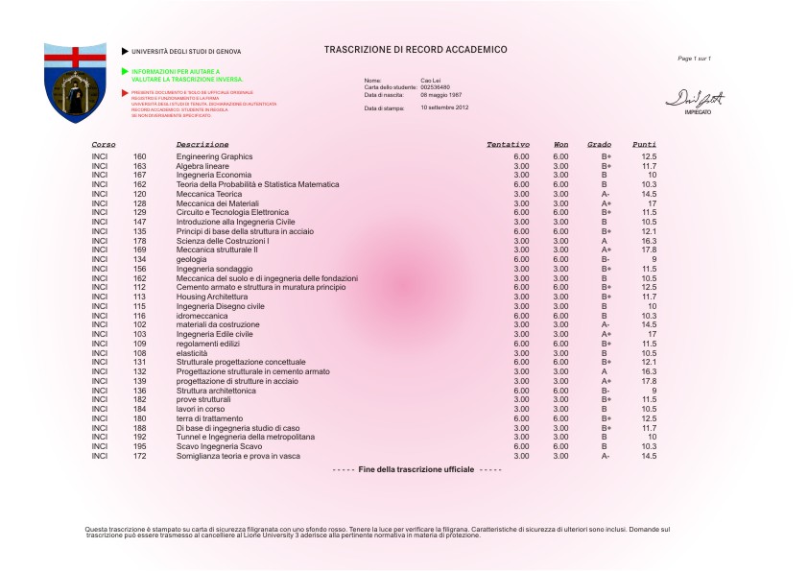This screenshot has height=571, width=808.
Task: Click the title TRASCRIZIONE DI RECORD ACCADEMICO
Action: click(x=416, y=49)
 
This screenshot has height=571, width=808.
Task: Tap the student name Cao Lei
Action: click(x=431, y=80)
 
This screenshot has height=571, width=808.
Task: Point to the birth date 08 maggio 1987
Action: click(x=441, y=95)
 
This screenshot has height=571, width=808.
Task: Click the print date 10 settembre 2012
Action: click(x=444, y=107)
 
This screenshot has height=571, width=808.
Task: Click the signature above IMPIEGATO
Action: click(x=697, y=99)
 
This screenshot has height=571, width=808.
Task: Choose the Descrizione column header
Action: click(x=202, y=144)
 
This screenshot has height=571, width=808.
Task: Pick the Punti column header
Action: click(x=644, y=144)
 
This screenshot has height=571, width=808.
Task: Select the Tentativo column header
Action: click(x=508, y=144)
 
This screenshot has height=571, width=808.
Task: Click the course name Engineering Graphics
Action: click(x=214, y=155)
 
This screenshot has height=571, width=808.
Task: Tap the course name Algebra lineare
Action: click(x=202, y=166)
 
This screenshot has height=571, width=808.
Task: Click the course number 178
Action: click(x=140, y=241)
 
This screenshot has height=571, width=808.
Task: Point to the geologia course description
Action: click(x=192, y=259)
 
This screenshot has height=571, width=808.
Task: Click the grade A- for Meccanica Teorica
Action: click(x=606, y=194)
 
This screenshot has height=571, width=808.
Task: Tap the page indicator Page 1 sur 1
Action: click(x=695, y=59)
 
